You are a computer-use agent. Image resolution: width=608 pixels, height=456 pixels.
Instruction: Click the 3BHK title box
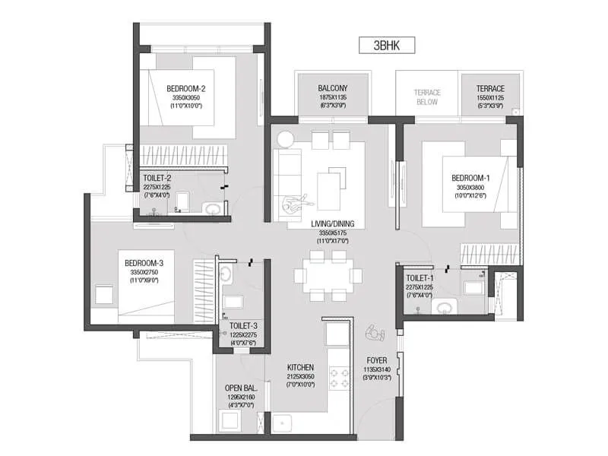point(386,44)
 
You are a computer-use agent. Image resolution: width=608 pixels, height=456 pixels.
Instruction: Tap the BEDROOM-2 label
point(186,88)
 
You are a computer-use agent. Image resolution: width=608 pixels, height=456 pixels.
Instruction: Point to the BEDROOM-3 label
point(144,264)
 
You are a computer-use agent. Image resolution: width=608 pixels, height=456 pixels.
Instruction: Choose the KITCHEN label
point(300,366)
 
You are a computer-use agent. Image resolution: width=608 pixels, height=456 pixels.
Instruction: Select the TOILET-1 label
point(420,278)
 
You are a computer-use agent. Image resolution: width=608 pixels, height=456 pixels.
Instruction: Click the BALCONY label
point(333,88)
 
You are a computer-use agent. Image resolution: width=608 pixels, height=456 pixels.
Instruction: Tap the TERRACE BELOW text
point(427,97)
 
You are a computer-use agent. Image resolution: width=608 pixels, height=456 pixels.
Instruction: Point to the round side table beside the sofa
point(286,139)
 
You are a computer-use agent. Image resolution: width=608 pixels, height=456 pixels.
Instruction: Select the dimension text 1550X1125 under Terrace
point(490,97)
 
